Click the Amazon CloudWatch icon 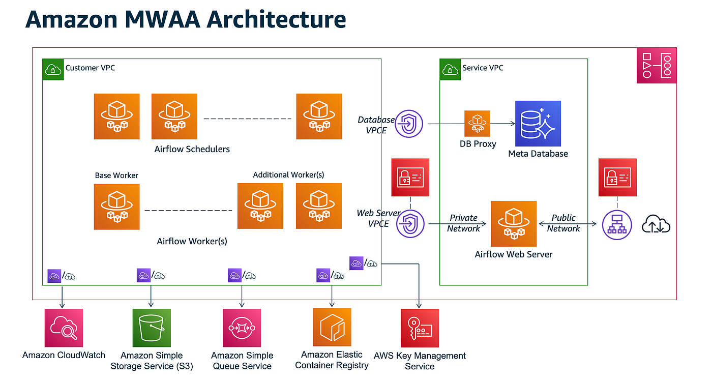(x=63, y=328)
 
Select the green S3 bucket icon (x=152, y=328)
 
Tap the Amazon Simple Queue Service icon (x=242, y=328)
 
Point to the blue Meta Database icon (x=538, y=124)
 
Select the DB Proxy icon (x=477, y=124)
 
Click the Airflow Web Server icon (x=513, y=224)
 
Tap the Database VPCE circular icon (x=409, y=124)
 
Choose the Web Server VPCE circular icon (x=409, y=224)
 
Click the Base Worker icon (x=116, y=207)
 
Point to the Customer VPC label (x=90, y=68)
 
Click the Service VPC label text (x=483, y=68)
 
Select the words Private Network (x=463, y=223)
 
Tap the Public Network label (x=563, y=223)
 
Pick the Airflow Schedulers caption (x=192, y=149)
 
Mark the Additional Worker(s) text (x=288, y=174)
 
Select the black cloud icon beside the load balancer (x=656, y=224)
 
